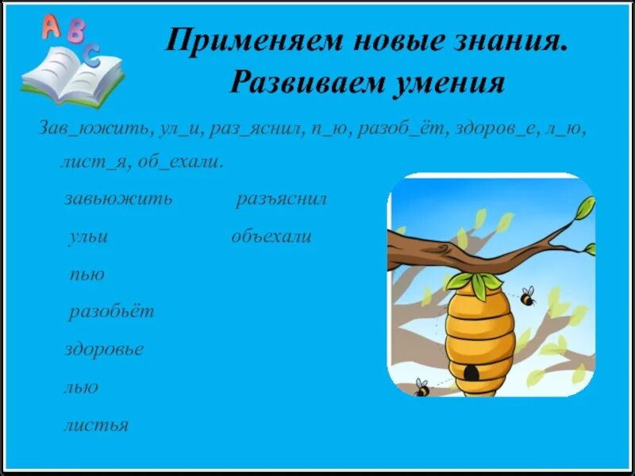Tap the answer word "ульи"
(87, 236)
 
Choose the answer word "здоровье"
(104, 349)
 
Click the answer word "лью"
(81, 387)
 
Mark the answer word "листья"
(96, 425)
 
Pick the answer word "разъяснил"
(282, 198)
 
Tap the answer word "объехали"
(271, 236)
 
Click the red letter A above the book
(51, 28)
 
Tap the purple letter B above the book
(76, 32)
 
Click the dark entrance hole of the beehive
(471, 371)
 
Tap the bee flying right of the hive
(528, 297)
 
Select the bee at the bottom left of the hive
(421, 388)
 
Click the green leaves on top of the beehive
(474, 282)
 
